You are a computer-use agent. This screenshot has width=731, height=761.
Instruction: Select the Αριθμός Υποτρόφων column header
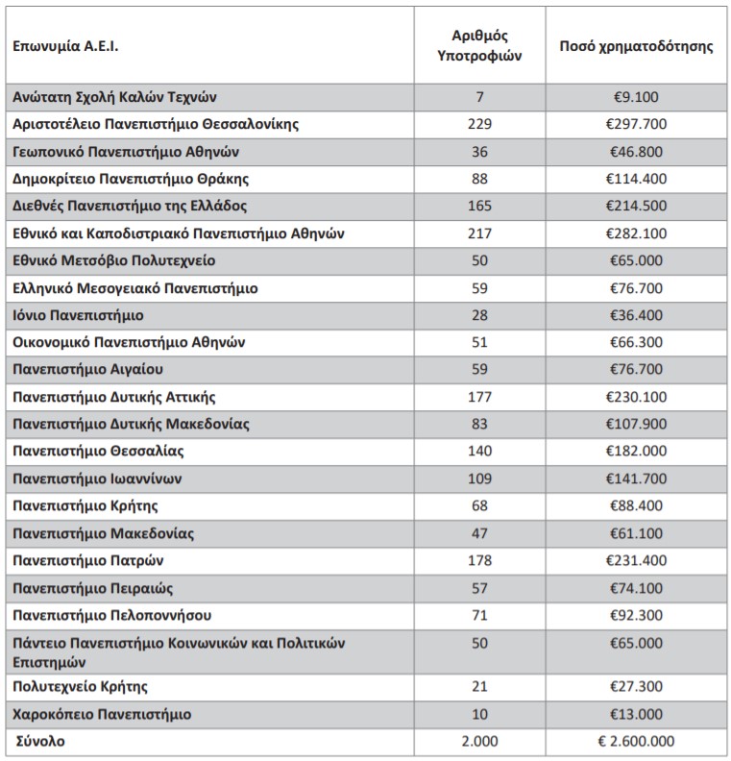pyautogui.click(x=480, y=45)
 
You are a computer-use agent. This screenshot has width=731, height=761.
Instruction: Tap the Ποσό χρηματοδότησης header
pyautogui.click(x=637, y=45)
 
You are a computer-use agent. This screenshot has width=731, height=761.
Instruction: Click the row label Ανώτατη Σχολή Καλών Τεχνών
pyautogui.click(x=116, y=97)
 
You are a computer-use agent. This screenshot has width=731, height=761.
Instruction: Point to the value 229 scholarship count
pyautogui.click(x=480, y=124)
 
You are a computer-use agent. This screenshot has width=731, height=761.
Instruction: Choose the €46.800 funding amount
pyautogui.click(x=636, y=152)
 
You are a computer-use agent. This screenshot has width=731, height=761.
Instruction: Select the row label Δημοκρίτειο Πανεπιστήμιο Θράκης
pyautogui.click(x=132, y=179)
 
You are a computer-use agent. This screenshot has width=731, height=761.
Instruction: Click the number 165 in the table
pyautogui.click(x=480, y=207)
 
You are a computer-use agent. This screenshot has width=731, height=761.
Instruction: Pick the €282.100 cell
pyautogui.click(x=636, y=233)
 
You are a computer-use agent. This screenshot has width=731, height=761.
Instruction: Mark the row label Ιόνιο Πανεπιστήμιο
pyautogui.click(x=79, y=315)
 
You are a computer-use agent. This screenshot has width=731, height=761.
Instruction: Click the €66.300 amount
pyautogui.click(x=636, y=343)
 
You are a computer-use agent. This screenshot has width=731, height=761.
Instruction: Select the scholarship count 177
pyautogui.click(x=480, y=397)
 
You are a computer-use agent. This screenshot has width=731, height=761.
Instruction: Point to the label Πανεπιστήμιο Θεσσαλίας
pyautogui.click(x=99, y=452)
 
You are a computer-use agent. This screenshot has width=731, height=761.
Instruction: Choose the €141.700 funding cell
pyautogui.click(x=636, y=479)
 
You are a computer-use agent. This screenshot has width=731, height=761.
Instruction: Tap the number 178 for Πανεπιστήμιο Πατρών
pyautogui.click(x=480, y=561)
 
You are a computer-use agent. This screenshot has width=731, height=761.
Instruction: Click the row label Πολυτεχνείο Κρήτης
pyautogui.click(x=81, y=687)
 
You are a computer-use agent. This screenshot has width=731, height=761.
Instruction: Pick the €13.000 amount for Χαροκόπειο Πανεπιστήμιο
pyautogui.click(x=636, y=714)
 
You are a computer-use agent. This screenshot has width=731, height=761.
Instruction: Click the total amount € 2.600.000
pyautogui.click(x=636, y=742)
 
